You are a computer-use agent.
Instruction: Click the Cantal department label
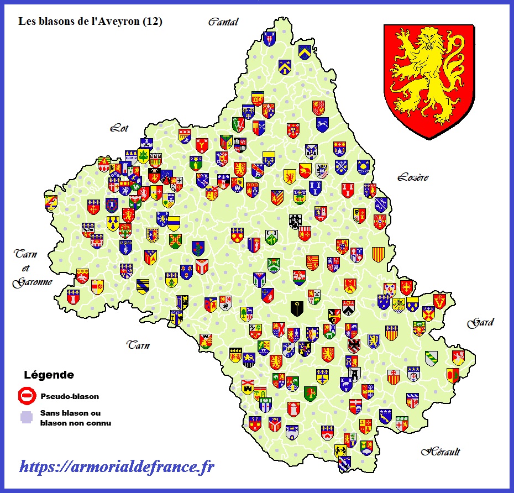pos(223,22)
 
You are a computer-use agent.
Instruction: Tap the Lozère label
pos(412,177)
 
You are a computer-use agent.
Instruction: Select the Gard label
pos(480,323)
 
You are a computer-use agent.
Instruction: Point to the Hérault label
pos(440,452)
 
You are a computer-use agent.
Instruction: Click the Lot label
pos(119,128)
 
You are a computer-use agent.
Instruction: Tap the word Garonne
pos(33,282)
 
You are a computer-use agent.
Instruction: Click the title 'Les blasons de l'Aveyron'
pos(81,22)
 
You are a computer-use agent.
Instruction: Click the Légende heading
pos(49,375)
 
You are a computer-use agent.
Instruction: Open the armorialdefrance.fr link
pos(117,467)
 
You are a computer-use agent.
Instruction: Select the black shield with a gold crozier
pos(297,308)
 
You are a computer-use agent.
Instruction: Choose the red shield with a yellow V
pos(440,301)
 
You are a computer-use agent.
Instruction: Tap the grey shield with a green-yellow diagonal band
pos(432,358)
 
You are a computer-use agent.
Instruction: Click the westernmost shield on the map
pos(51,202)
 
